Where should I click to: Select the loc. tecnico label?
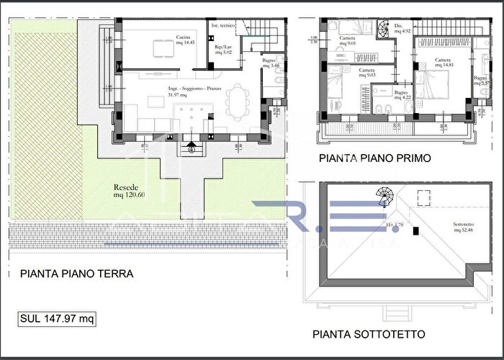pos(220,26)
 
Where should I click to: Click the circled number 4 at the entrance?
pos(192,150)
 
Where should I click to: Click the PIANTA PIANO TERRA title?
pos(77,274)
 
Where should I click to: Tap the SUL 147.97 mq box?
pos(57,318)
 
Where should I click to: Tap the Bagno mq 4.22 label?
pos(402,94)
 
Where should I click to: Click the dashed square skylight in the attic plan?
pos(423,194)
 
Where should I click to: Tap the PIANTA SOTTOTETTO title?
pos(369,334)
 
